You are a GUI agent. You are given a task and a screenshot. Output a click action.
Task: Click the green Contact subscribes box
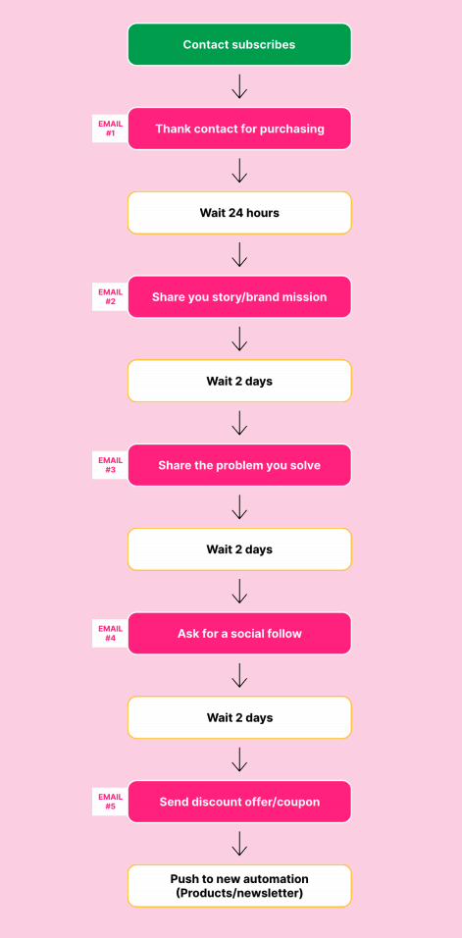coord(239,44)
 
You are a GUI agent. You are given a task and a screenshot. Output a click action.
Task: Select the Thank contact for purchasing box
coord(239,129)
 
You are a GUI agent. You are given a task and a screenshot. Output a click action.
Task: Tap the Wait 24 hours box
coord(239,212)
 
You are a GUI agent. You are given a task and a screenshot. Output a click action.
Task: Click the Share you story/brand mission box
coord(239,296)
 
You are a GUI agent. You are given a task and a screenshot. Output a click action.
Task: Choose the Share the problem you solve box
coord(239,465)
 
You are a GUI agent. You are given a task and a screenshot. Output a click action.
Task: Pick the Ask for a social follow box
coord(239,633)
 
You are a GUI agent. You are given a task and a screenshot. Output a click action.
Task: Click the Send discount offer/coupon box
coord(239,802)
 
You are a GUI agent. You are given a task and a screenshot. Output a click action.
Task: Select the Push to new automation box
coord(239,886)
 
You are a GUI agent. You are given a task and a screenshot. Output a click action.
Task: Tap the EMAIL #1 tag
coord(110,129)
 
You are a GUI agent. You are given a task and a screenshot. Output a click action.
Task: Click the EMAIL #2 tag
coord(110,296)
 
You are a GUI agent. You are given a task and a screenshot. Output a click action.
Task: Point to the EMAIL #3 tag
coord(110,465)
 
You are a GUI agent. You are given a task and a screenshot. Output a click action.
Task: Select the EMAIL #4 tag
coord(110,633)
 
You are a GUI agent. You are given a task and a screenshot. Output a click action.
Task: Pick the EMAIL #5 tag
coord(110,802)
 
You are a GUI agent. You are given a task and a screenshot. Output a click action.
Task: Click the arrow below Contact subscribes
coord(239,86)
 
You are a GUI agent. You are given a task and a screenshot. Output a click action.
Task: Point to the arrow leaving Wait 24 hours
coord(239,254)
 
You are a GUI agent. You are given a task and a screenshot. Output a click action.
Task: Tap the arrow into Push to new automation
coord(239,844)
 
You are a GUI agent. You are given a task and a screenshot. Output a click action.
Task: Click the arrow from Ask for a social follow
coord(239,675)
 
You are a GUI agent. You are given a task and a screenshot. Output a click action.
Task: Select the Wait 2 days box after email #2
coord(239,381)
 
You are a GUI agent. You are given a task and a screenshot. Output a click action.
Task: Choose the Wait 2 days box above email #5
coord(239,717)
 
